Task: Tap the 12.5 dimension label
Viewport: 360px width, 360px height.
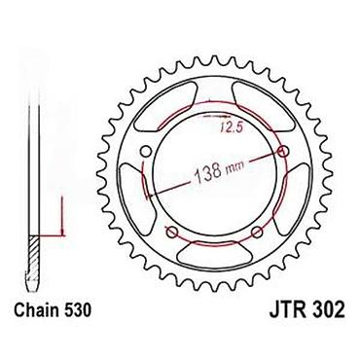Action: click(x=231, y=127)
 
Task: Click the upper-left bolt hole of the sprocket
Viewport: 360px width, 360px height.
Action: click(x=146, y=151)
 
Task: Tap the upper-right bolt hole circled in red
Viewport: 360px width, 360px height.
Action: click(x=283, y=151)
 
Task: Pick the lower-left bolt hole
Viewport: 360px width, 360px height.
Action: click(x=172, y=232)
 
